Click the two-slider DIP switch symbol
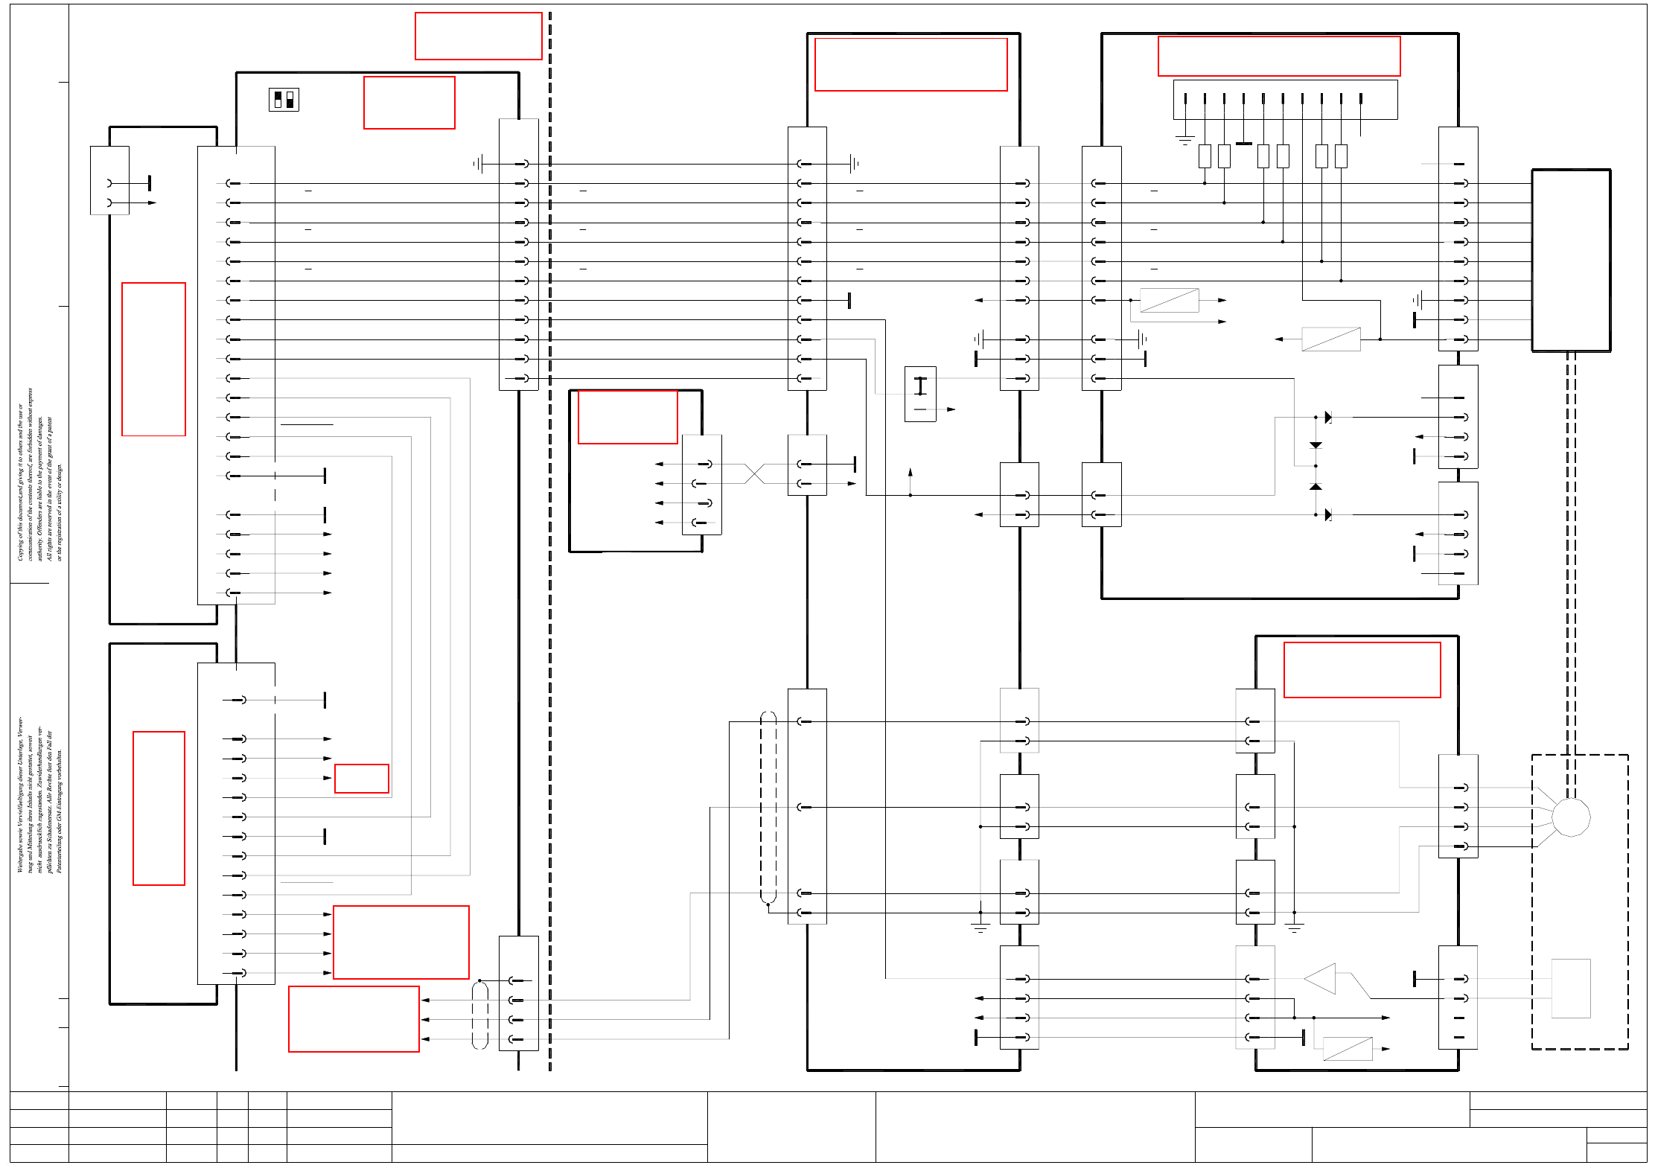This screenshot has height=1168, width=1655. tap(284, 100)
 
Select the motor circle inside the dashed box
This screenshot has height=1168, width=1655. tap(1571, 817)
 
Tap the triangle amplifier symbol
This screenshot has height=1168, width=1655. tap(1322, 979)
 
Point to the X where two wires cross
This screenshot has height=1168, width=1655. tap(754, 474)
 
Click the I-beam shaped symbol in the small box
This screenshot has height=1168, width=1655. tap(920, 386)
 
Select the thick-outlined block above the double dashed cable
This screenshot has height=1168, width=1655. tap(1571, 261)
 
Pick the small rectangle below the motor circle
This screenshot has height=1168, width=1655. tap(1571, 989)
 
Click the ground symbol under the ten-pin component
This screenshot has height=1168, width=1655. tap(1185, 139)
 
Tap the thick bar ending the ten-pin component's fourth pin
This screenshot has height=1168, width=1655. tap(1244, 143)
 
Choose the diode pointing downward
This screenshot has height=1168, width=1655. tap(1316, 445)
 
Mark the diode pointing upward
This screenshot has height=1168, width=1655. tap(1316, 486)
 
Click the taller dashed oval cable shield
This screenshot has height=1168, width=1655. tap(768, 808)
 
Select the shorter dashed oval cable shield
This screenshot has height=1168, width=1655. tap(480, 1015)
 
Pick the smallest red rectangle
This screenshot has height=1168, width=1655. tap(362, 779)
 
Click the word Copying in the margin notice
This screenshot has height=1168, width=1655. tap(20, 549)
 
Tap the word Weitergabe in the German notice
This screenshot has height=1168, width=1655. tap(20, 855)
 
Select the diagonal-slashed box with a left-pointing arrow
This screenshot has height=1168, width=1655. tap(1330, 339)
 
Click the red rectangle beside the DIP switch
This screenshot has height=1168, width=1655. tap(409, 103)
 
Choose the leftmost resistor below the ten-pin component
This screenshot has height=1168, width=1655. tap(1205, 156)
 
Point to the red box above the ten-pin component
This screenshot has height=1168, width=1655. tap(1279, 56)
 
